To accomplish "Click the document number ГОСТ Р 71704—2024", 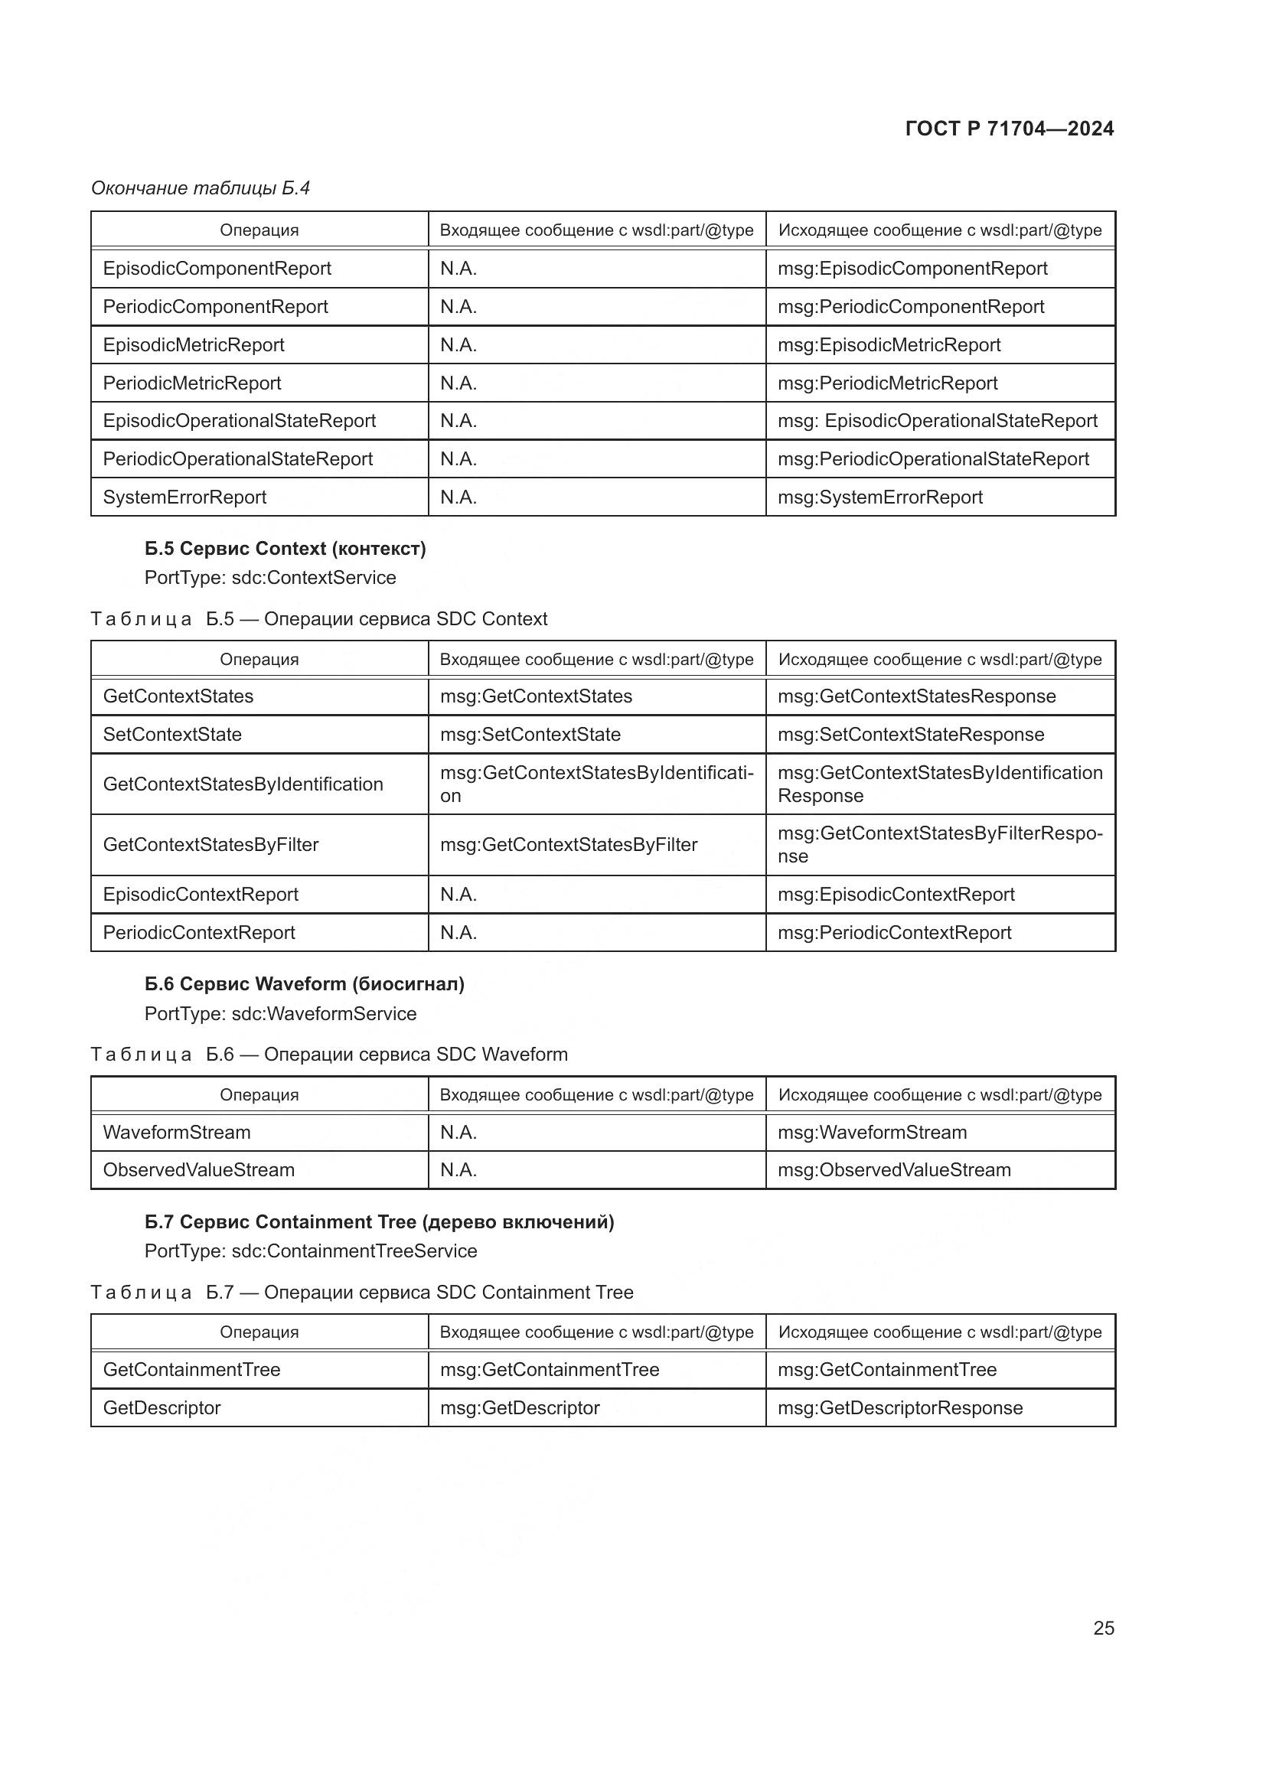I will coord(1009,129).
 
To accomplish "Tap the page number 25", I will coord(1103,1628).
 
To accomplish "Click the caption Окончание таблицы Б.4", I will coord(201,188).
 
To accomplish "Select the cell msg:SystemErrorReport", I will coord(879,497).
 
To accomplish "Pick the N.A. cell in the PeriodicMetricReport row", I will coord(458,383).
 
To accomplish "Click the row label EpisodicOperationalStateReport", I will coord(239,421).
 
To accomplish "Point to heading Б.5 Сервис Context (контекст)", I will coord(285,549).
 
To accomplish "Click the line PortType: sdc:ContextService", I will coord(269,578).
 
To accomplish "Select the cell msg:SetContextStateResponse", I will coord(911,735).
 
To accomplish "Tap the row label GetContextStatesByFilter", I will coord(210,845).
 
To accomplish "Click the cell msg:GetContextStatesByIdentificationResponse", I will coord(939,784).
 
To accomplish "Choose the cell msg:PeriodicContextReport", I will coord(894,933).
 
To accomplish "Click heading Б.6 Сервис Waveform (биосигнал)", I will coord(304,985).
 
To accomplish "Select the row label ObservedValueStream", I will coord(198,1170).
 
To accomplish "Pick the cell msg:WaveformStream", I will coord(872,1133).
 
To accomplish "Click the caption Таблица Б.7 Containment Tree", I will coord(362,1293).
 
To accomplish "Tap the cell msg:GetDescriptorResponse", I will coord(899,1408).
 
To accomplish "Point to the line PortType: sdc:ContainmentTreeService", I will coord(310,1251).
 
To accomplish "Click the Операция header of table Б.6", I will coord(259,1095).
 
